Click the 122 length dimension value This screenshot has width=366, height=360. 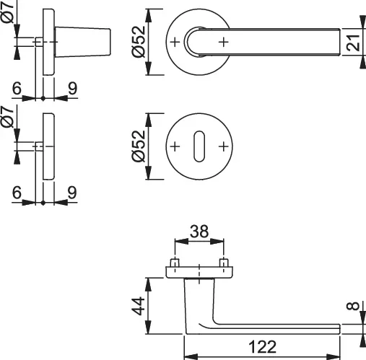(262, 347)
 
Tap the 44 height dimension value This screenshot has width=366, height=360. (139, 306)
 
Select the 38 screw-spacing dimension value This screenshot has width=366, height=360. (199, 232)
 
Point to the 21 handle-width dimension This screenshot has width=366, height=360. (354, 43)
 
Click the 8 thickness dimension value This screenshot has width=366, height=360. (353, 306)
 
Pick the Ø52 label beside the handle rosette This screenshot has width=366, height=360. (139, 42)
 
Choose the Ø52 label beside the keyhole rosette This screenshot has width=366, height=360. (139, 146)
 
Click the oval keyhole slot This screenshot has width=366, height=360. (199, 146)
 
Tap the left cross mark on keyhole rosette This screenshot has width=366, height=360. (175, 146)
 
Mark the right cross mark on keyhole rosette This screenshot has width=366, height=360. (224, 146)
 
